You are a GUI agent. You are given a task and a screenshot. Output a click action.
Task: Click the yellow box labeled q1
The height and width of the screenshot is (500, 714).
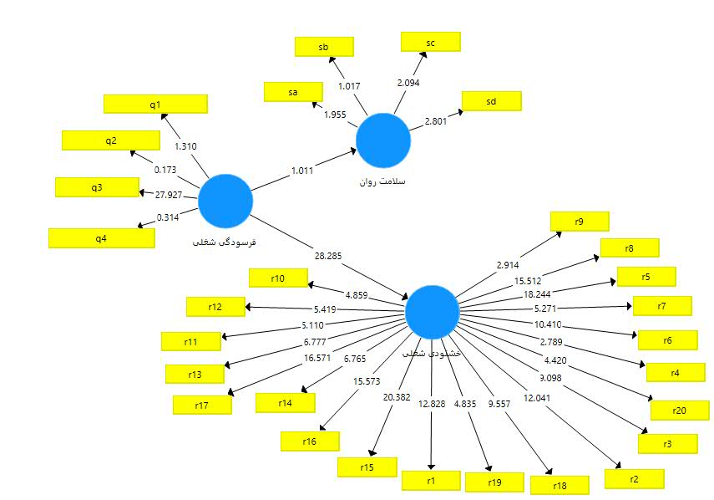[155, 104]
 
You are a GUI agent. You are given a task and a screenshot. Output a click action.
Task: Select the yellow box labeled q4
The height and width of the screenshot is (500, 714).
[101, 237]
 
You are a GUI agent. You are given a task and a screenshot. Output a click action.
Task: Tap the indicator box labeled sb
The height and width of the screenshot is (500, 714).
[323, 47]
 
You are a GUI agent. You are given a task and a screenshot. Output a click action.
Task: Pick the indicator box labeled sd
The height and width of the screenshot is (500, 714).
[491, 100]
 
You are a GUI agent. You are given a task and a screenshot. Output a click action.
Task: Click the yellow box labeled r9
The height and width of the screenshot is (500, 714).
[579, 221]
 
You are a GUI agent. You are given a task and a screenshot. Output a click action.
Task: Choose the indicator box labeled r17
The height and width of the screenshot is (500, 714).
[202, 405]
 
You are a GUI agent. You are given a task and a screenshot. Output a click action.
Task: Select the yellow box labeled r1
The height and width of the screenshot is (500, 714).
[431, 480]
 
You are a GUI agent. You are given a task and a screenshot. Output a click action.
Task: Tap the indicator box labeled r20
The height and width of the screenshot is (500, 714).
[679, 410]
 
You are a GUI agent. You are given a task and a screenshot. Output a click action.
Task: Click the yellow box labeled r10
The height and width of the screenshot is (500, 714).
[278, 278]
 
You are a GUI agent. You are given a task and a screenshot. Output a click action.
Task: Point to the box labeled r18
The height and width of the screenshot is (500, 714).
[560, 485]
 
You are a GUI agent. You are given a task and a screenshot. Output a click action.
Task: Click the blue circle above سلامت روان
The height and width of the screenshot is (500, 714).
[383, 141]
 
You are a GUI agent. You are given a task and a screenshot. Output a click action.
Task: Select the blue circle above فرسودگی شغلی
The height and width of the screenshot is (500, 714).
[225, 202]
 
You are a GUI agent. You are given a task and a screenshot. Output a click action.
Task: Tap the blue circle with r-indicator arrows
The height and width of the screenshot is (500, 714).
[432, 312]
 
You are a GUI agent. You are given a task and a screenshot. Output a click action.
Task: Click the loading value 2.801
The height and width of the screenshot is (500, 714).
[437, 121]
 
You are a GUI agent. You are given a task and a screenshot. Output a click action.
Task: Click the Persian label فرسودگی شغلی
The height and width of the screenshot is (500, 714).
[224, 242]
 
